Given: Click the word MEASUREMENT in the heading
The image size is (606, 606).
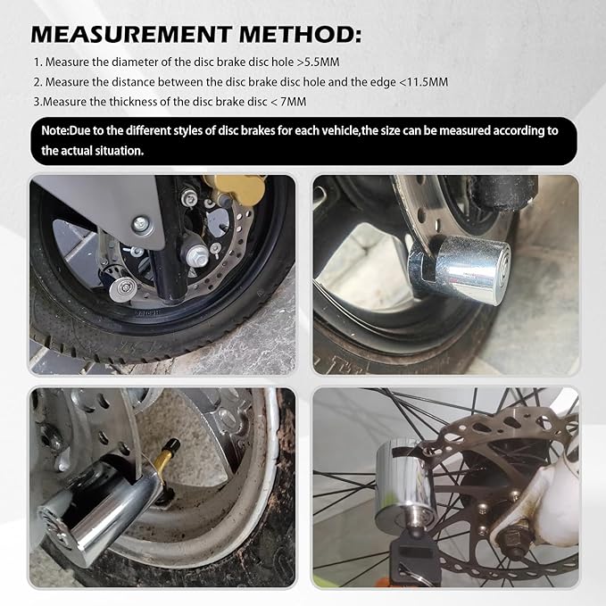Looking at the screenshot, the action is [x=131, y=34].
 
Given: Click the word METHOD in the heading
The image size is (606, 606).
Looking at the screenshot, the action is [x=300, y=34].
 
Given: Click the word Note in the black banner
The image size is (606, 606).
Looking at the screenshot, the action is [x=54, y=130].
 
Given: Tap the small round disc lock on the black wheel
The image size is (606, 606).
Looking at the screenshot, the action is [x=123, y=288].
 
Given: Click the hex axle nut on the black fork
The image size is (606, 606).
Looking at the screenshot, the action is [x=197, y=255].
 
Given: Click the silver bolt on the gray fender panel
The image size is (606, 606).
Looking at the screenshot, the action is [x=141, y=224].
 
